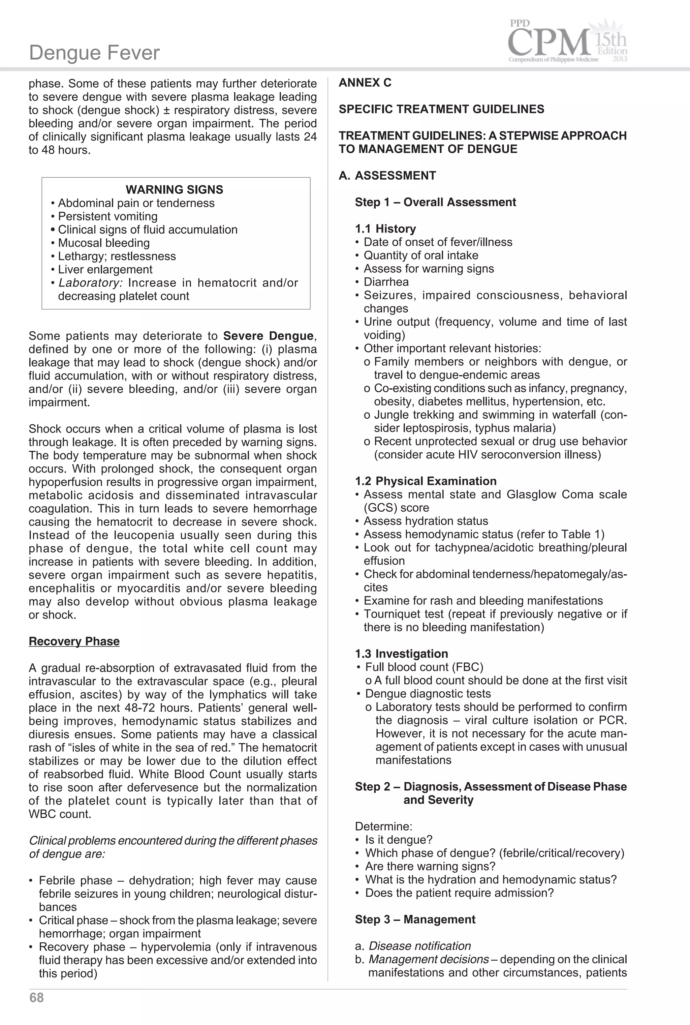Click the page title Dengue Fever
94,53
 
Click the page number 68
36,997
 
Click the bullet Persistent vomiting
107,216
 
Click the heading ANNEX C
365,83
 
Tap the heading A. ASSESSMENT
387,176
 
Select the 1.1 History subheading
385,229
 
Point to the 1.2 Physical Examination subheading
426,481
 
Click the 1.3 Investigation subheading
401,654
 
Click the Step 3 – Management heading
415,920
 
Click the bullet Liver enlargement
105,269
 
